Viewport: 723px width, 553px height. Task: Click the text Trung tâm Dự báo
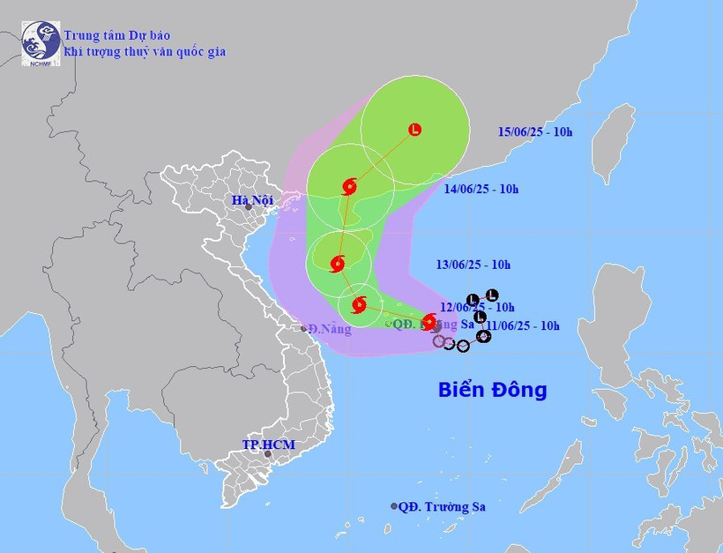(117, 35)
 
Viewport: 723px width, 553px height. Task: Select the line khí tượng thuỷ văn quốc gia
(145, 52)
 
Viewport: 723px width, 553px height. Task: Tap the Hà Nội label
(252, 200)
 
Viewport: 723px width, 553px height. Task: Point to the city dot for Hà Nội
(249, 207)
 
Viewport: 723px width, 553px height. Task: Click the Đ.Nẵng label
(330, 330)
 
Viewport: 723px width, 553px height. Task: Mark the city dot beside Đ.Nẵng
(304, 328)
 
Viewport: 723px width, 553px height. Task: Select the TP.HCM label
(268, 445)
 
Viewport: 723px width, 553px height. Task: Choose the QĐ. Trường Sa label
(442, 506)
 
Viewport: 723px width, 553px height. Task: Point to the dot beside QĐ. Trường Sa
(394, 506)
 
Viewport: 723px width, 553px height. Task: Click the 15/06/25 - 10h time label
(534, 132)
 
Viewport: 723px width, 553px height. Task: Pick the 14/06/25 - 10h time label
(481, 189)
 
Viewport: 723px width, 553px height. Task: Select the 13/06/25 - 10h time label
(473, 265)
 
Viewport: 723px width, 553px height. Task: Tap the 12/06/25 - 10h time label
(478, 307)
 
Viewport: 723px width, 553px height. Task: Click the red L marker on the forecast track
(415, 130)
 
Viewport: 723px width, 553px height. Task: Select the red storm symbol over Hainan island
(337, 263)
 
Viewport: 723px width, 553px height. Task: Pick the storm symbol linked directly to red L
(348, 186)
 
